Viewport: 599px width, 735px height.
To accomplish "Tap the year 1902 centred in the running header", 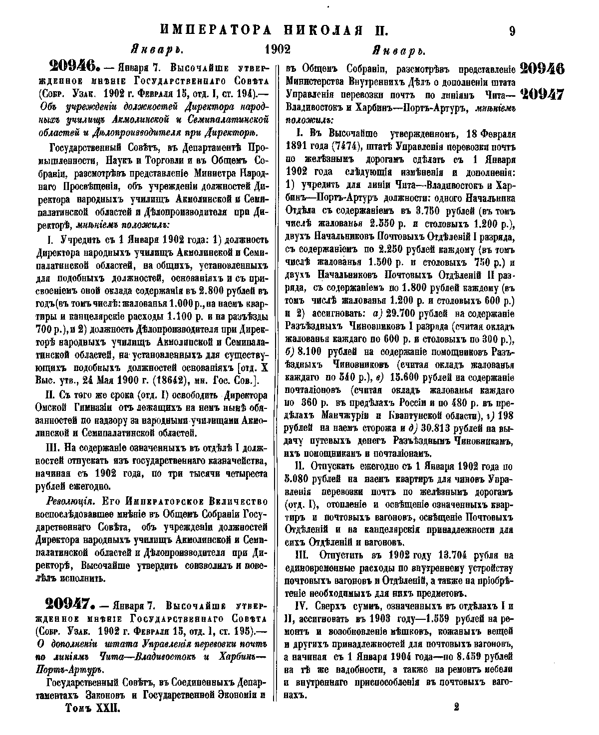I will coord(278,50).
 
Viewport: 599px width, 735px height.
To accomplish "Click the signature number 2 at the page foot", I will coord(457,707).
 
